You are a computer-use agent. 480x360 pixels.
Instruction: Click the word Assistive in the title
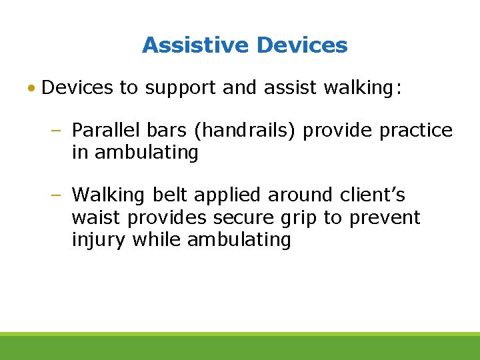pyautogui.click(x=195, y=45)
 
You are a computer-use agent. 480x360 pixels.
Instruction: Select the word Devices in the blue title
pyautogui.click(x=302, y=45)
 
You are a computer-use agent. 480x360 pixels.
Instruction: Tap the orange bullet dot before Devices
pyautogui.click(x=32, y=88)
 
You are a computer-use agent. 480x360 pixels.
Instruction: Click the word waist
pyautogui.click(x=95, y=218)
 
